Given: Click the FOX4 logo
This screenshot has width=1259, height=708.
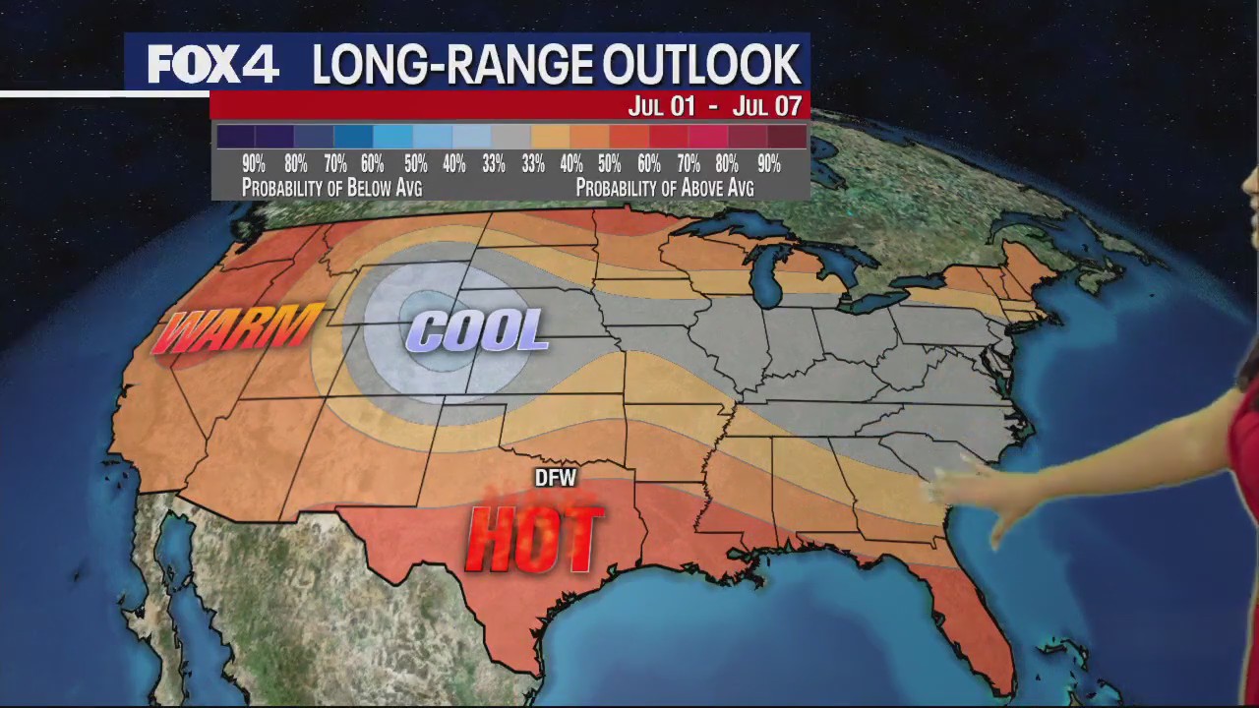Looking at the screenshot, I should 213,65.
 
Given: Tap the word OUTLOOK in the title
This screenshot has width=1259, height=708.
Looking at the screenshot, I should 700,65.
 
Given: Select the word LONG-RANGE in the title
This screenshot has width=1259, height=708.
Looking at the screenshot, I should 450,65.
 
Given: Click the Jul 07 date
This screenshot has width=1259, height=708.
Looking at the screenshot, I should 771,105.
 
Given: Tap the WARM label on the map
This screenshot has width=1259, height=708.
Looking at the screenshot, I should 238,329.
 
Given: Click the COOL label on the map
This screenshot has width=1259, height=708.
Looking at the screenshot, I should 477,331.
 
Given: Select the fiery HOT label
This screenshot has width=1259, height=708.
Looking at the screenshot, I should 534,539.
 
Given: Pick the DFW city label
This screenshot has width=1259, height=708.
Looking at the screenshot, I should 555,479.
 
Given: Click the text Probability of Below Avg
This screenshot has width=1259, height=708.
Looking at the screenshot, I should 331,187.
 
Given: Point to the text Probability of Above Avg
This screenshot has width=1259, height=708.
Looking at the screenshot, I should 665,187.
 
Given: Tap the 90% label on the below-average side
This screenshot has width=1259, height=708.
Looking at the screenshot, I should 254,164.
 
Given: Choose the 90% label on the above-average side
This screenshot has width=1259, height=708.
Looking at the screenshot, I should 768,164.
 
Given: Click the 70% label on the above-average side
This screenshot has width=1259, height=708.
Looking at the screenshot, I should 689,164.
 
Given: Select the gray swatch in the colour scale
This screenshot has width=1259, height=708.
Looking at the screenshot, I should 510,137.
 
